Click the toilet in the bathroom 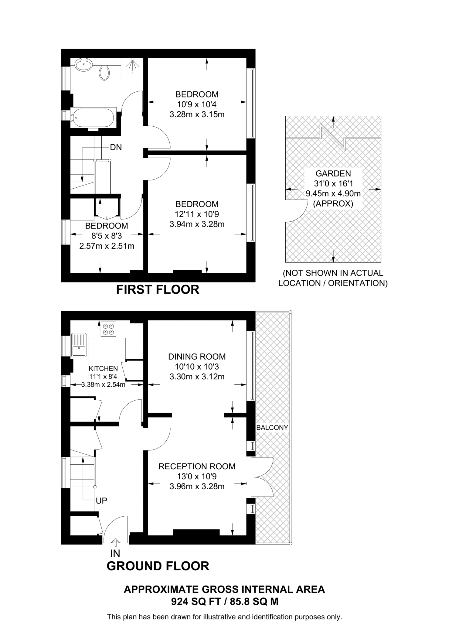(104, 73)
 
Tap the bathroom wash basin (83, 65)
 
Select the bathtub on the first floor (94, 118)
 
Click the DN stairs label (116, 147)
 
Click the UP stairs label (101, 501)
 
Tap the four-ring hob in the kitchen (108, 329)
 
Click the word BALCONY (272, 428)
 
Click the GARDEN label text (333, 173)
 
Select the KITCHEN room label (103, 368)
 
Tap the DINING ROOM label (197, 357)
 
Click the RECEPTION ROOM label (197, 466)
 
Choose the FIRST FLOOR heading (158, 290)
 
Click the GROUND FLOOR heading (158, 566)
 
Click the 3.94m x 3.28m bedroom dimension (197, 224)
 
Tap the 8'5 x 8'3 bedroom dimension (107, 236)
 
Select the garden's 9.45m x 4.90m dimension (333, 193)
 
